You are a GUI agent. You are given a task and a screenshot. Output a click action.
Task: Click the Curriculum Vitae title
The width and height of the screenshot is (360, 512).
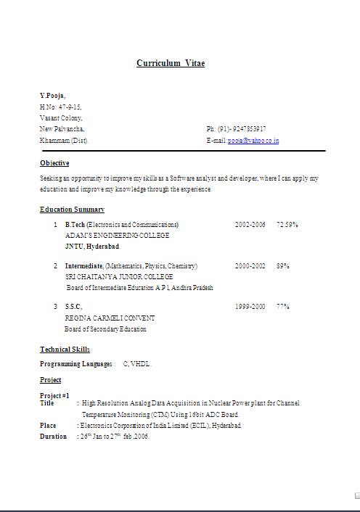171,63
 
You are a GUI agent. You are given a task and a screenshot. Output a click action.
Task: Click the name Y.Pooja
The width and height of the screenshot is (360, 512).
52,95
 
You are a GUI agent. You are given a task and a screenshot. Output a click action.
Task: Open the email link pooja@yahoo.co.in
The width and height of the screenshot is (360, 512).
253,141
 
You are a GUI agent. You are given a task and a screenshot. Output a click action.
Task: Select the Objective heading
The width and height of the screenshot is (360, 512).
54,163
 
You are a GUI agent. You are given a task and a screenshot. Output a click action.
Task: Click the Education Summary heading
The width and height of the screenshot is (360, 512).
72,210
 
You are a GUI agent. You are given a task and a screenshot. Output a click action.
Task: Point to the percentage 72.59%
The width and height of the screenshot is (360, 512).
287,225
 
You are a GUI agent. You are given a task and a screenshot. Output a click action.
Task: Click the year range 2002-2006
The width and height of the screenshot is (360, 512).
250,225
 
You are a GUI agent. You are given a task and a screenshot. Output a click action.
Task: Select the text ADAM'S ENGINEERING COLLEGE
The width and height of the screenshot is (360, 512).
117,236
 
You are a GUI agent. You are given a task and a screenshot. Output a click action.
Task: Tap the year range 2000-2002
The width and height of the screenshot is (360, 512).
250,266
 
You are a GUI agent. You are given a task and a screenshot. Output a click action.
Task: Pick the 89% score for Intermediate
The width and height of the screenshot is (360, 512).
283,266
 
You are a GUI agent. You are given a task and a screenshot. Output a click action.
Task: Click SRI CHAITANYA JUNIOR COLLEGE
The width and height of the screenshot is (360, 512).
119,277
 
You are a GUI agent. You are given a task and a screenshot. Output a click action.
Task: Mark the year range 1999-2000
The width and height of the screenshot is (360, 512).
250,307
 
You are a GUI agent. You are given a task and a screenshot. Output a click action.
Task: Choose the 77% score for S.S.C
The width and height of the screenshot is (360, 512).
283,307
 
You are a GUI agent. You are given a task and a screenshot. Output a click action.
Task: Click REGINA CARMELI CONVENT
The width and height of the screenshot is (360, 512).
110,318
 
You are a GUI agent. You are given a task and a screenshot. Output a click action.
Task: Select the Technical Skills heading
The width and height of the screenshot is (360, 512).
65,350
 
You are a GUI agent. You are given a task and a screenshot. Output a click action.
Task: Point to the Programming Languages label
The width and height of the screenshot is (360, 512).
75,364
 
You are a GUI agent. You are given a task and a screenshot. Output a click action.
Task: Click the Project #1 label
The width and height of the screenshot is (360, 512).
54,395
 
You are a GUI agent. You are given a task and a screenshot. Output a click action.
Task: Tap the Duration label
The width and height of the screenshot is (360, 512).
53,437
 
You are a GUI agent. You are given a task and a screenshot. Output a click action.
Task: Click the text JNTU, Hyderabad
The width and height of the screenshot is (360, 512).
92,247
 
